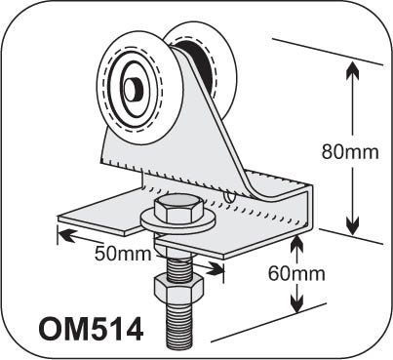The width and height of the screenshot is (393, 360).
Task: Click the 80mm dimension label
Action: (350, 150)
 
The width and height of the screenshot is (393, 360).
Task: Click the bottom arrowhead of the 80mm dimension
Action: (350, 226)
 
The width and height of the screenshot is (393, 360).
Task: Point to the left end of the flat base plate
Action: (68, 219)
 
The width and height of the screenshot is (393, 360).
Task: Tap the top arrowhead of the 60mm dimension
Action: (295, 237)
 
